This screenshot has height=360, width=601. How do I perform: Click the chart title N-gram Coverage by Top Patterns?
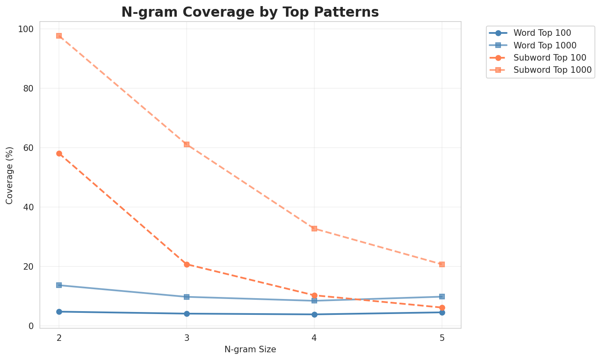point(250,12)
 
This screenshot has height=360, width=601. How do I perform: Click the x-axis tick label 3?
point(187,338)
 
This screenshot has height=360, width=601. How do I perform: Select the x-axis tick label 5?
point(442,338)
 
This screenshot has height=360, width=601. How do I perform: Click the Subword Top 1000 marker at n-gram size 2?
point(59,36)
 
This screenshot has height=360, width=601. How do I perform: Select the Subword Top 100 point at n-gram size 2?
point(59,153)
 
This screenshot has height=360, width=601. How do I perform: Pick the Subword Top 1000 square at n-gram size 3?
point(187,144)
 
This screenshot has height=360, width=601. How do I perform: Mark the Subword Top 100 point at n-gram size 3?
point(187,264)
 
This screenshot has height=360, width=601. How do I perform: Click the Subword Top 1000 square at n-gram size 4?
point(314,229)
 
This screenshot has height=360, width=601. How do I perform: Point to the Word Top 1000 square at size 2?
point(59,285)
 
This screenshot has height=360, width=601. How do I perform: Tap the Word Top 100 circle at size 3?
point(187,314)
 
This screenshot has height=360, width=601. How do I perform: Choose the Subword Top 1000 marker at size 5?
point(442,264)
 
